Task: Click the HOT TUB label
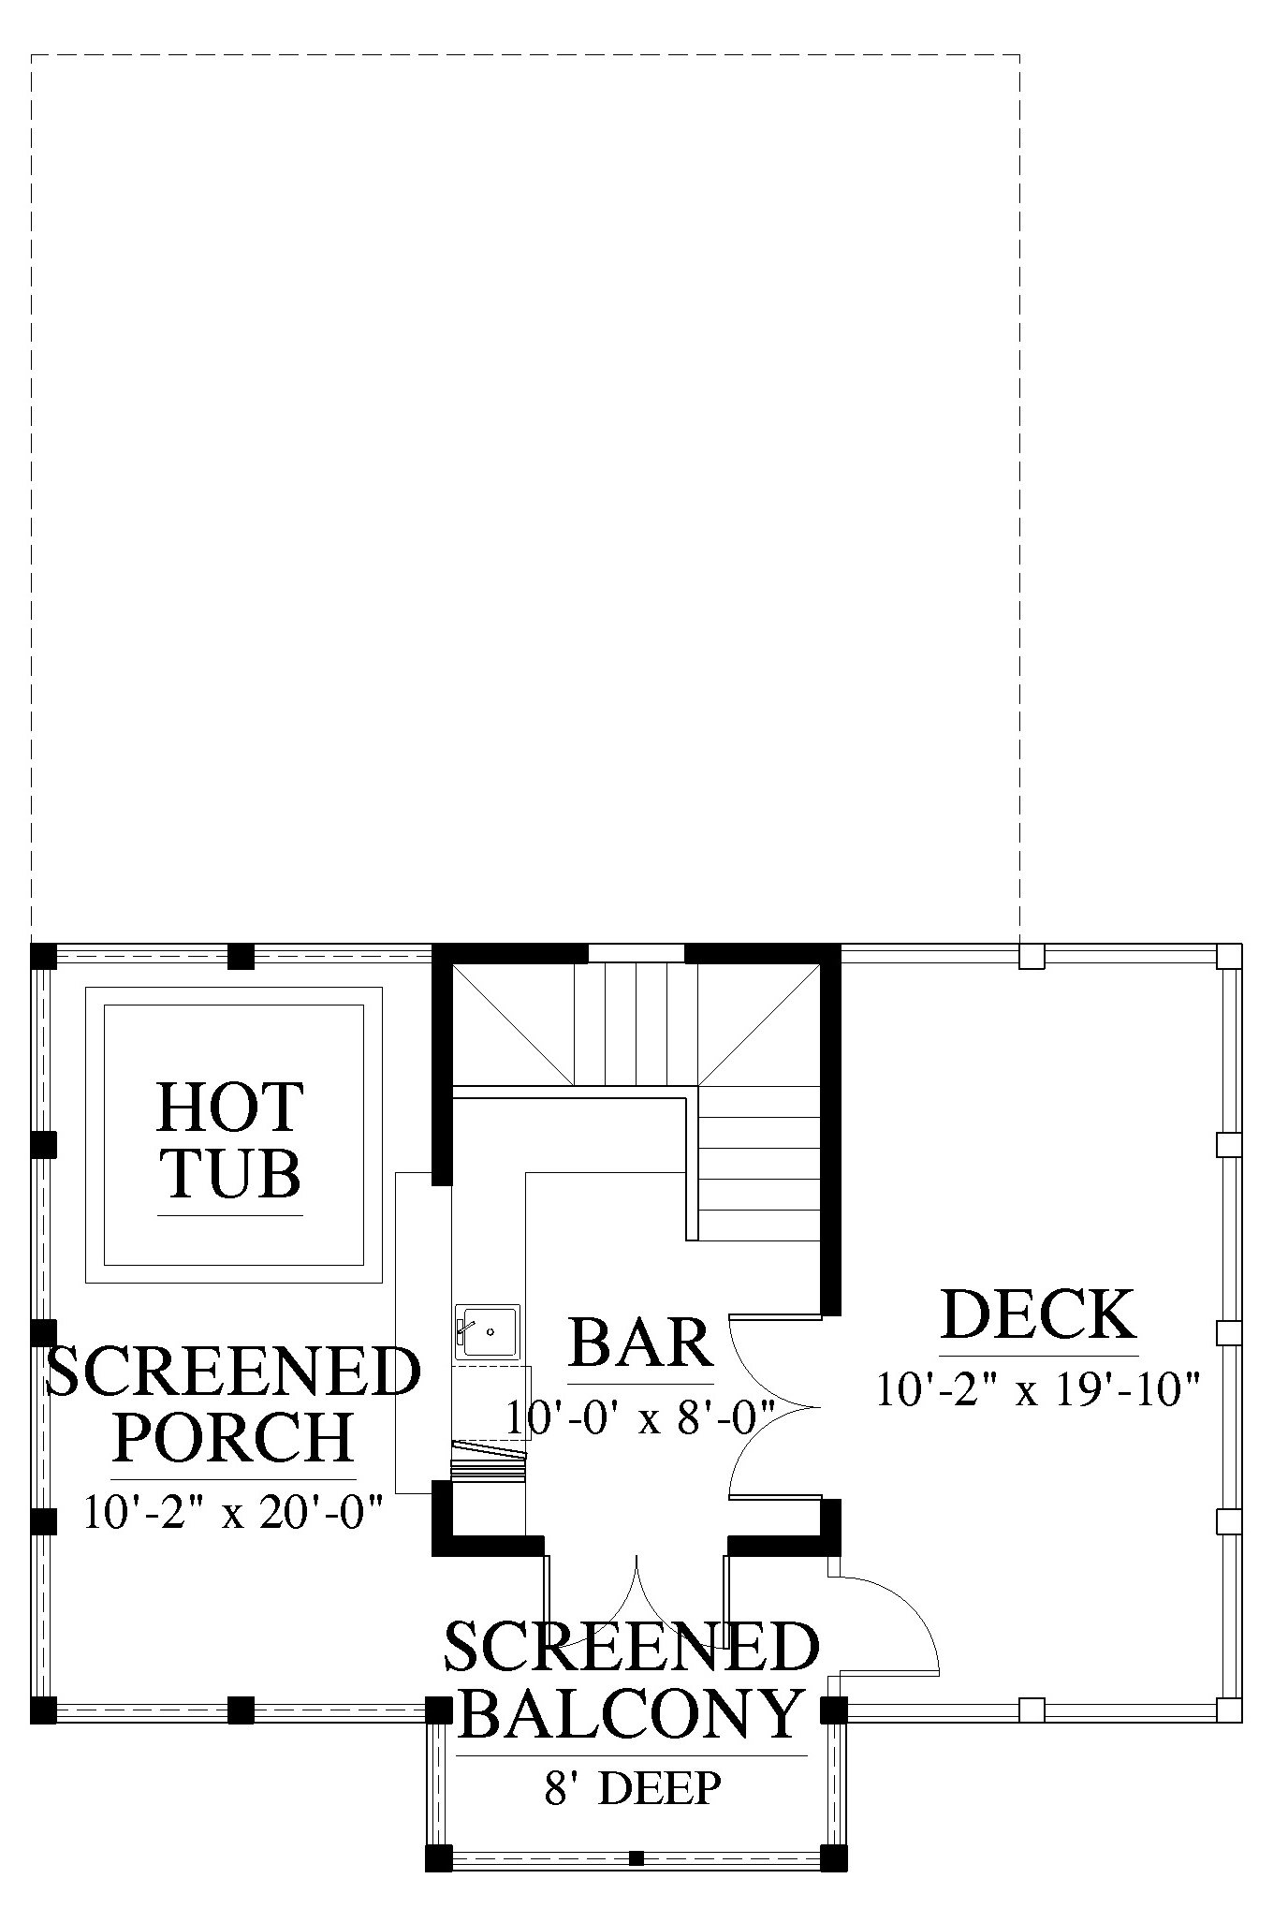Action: pyautogui.click(x=230, y=1139)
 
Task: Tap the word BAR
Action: pyautogui.click(x=641, y=1343)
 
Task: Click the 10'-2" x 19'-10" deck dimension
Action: pyautogui.click(x=1038, y=1389)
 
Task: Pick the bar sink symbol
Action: pyautogui.click(x=487, y=1331)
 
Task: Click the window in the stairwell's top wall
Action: pyautogui.click(x=637, y=953)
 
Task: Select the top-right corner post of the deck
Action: pyautogui.click(x=1229, y=956)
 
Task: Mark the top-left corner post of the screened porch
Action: pyautogui.click(x=44, y=957)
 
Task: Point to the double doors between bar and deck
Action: pyautogui.click(x=773, y=1406)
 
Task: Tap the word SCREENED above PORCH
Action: pyautogui.click(x=233, y=1372)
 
